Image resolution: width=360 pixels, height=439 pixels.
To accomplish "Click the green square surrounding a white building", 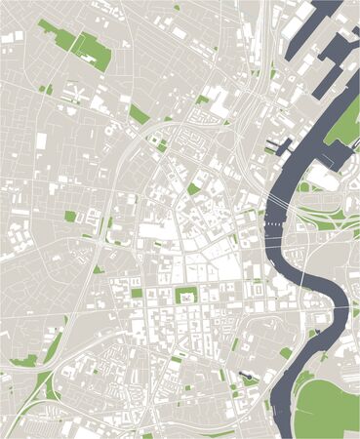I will [183, 297].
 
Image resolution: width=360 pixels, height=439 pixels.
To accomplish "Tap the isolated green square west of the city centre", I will [70, 217].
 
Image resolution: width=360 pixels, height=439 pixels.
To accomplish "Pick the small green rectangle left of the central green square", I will [137, 293].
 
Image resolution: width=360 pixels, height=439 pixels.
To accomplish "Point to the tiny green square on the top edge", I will [177, 8].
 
